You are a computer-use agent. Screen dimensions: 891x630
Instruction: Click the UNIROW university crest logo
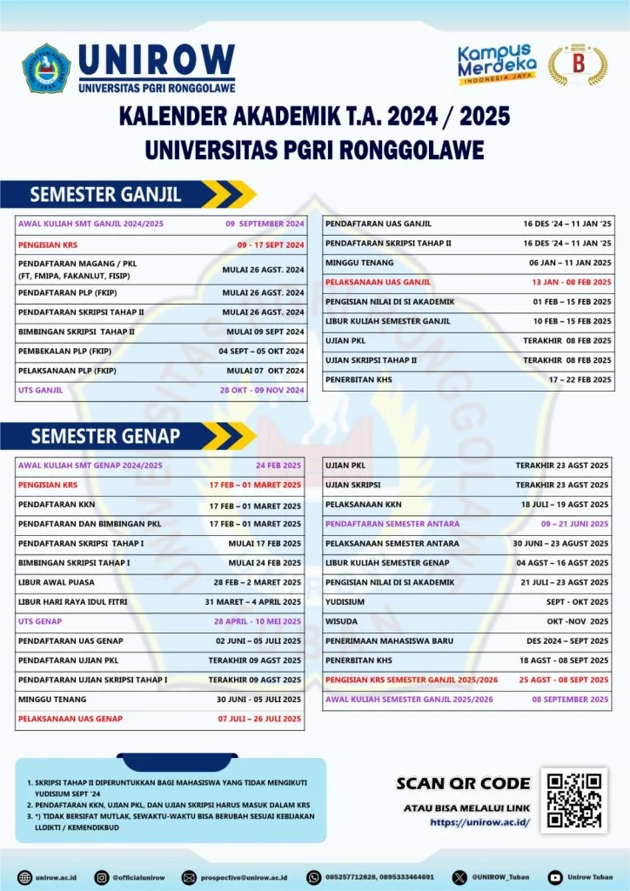tap(46, 69)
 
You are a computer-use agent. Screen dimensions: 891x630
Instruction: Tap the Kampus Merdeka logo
tap(494, 64)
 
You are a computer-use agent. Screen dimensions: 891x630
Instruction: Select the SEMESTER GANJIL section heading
tap(105, 193)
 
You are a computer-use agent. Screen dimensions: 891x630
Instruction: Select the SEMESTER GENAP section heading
tap(105, 435)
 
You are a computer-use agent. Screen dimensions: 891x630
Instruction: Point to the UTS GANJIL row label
tap(40, 390)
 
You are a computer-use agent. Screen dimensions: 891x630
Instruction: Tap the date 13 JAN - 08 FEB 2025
tap(572, 282)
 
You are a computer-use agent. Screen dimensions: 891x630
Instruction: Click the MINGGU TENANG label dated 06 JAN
tap(359, 262)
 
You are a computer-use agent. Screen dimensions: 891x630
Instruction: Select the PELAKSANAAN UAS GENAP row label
tap(70, 718)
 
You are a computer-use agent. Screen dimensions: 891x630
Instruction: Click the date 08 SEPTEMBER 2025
tap(570, 700)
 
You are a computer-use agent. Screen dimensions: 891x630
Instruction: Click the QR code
tap(571, 800)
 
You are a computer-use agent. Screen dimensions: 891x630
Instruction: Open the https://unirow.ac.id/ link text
tap(479, 821)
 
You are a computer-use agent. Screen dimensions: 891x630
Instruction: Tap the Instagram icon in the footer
tap(102, 877)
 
